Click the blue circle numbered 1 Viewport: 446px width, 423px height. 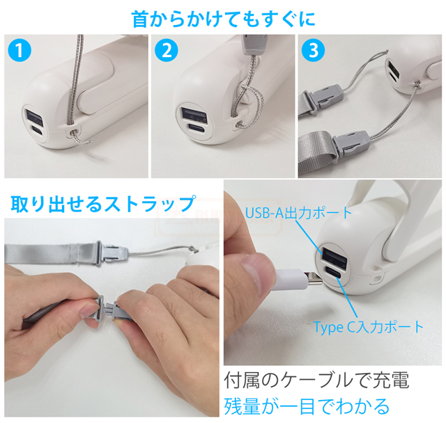tap(20, 50)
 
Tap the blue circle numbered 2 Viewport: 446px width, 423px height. tap(167, 50)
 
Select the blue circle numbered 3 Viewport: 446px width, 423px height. tap(313, 50)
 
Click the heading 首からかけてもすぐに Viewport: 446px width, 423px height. tap(224, 19)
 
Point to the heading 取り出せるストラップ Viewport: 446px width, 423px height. tap(103, 204)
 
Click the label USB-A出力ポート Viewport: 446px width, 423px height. tap(299, 213)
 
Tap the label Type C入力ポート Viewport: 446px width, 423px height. tap(369, 327)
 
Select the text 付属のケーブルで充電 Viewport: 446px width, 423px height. tap(316, 380)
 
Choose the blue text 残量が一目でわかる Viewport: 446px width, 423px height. tap(307, 406)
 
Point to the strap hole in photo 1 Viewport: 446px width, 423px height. tap(75, 132)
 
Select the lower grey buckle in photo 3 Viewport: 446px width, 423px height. tap(351, 145)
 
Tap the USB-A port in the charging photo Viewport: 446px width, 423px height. tap(334, 258)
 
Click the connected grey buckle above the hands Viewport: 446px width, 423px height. tap(111, 253)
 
